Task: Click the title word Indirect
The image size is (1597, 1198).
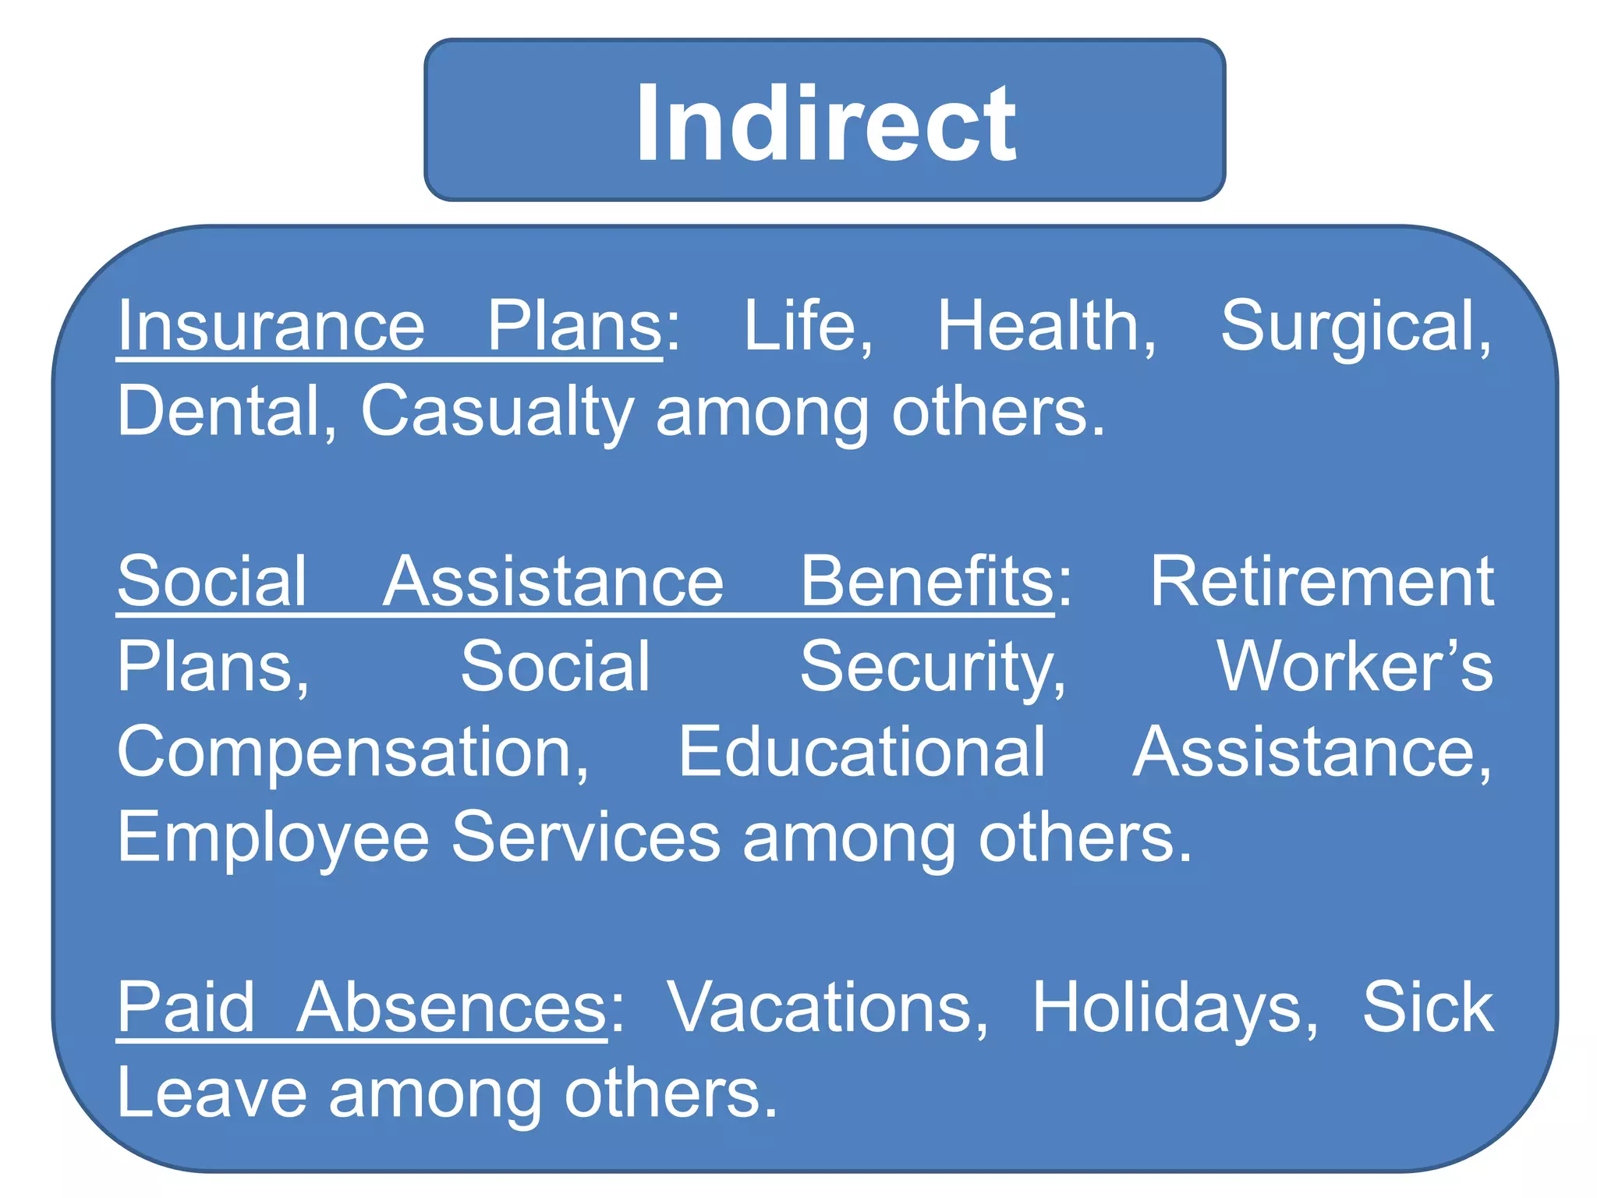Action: coord(825,123)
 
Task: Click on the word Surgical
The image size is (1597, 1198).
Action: coord(1355,328)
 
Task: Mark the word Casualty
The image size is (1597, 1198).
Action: coord(497,413)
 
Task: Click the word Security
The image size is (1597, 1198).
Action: coord(933,668)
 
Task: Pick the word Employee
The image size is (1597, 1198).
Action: coord(273,838)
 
